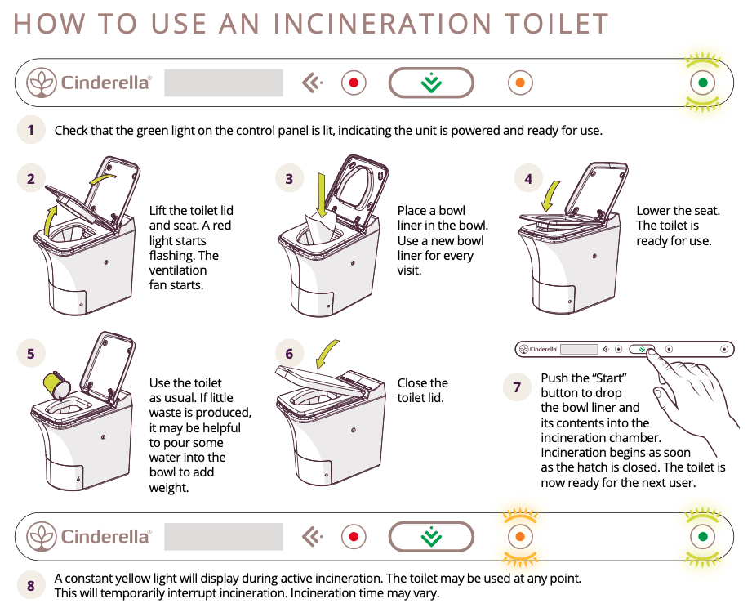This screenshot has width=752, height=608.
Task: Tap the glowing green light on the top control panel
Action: [702, 83]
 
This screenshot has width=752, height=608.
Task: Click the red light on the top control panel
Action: [354, 83]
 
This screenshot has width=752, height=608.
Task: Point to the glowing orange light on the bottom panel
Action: [519, 537]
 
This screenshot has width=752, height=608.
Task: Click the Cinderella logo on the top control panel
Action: [89, 83]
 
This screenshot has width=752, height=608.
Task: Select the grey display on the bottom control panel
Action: [224, 537]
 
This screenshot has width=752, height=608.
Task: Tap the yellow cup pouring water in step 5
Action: [56, 382]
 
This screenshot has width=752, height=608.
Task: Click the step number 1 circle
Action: [31, 129]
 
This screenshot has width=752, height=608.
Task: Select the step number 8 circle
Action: [31, 585]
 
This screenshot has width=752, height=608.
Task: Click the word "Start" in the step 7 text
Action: [607, 378]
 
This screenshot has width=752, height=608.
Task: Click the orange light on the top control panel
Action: [519, 83]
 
